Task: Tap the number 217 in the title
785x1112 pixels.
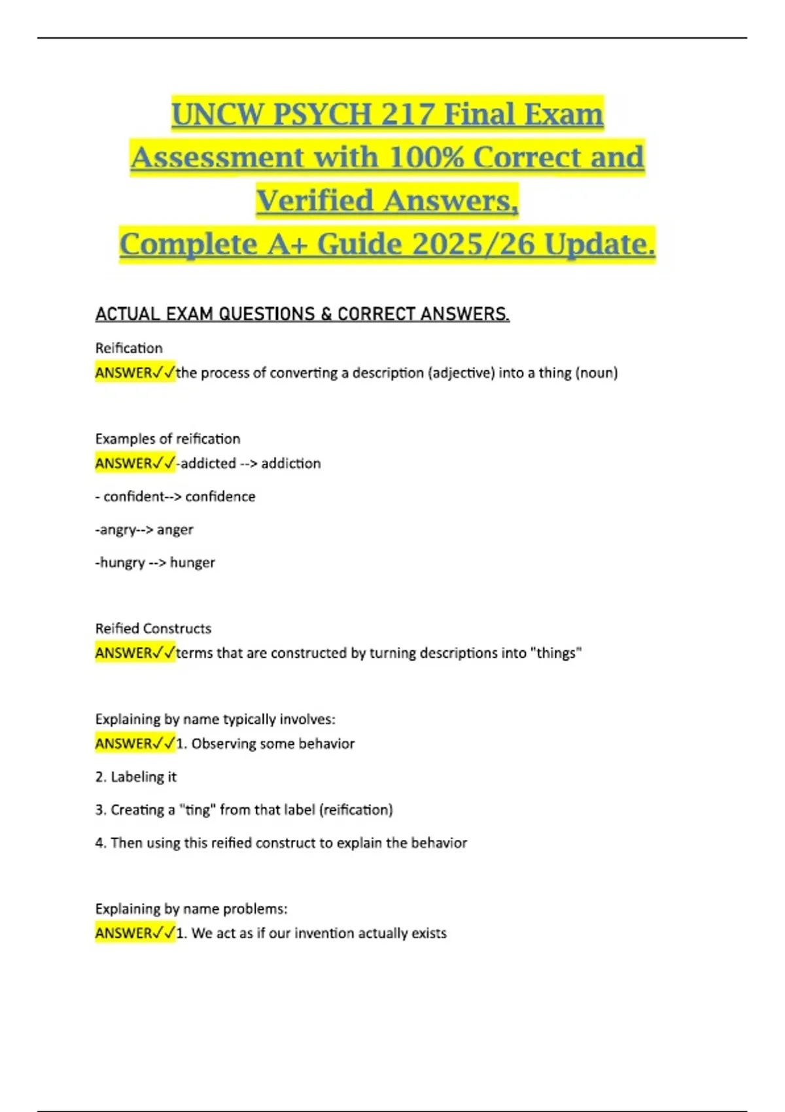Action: tap(408, 114)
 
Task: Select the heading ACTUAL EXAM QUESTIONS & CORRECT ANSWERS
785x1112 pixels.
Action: tap(302, 314)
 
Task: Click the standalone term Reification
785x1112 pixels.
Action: tap(129, 348)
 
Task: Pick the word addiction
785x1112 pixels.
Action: tap(291, 463)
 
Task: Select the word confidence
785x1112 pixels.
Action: tap(220, 496)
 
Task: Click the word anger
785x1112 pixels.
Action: tap(175, 529)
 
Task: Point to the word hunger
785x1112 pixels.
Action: tap(192, 563)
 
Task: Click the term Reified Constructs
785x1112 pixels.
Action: tap(153, 629)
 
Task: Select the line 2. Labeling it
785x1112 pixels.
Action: tap(136, 776)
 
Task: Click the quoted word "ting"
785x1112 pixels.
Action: tap(197, 810)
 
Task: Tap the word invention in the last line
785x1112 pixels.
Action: tap(324, 933)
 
